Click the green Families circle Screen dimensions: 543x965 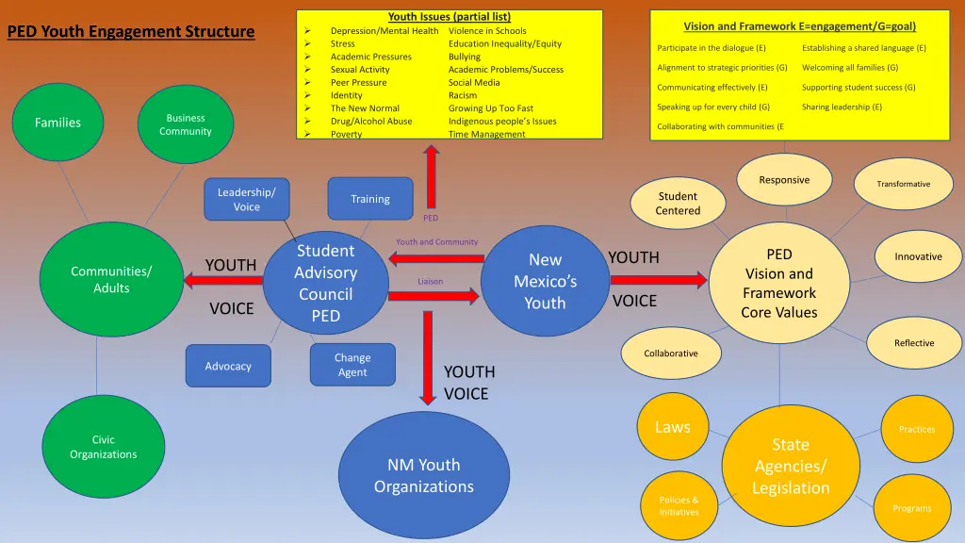pos(58,123)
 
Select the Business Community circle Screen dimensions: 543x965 pos(186,124)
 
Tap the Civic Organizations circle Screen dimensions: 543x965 pos(104,447)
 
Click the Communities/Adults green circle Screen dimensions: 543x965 pos(111,279)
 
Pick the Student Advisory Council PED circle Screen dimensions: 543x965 pos(326,283)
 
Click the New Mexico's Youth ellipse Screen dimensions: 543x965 pos(545,281)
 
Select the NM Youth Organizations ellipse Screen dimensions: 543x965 pos(424,475)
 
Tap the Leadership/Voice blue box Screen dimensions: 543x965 pos(247,199)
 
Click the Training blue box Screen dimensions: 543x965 pos(370,199)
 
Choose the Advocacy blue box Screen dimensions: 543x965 pos(228,366)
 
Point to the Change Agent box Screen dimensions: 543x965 pos(352,365)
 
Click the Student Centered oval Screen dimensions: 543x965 pos(679,204)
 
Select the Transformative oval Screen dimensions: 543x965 pos(903,184)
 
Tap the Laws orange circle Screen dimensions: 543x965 pos(673,427)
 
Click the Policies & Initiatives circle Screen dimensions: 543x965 pos(679,505)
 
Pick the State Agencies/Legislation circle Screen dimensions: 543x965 pos(791,467)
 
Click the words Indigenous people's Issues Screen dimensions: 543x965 pos(502,121)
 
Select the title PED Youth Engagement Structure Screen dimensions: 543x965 pos(131,32)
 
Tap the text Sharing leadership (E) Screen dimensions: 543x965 pos(842,107)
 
